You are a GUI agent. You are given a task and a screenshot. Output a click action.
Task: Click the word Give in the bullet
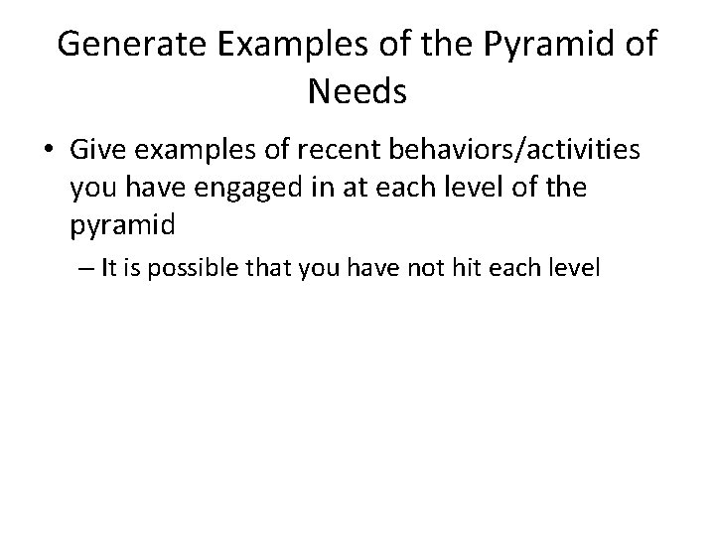[97, 151]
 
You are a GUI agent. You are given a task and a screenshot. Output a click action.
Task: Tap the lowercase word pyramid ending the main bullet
[122, 226]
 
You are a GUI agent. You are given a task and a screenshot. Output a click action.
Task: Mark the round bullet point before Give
[47, 152]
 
